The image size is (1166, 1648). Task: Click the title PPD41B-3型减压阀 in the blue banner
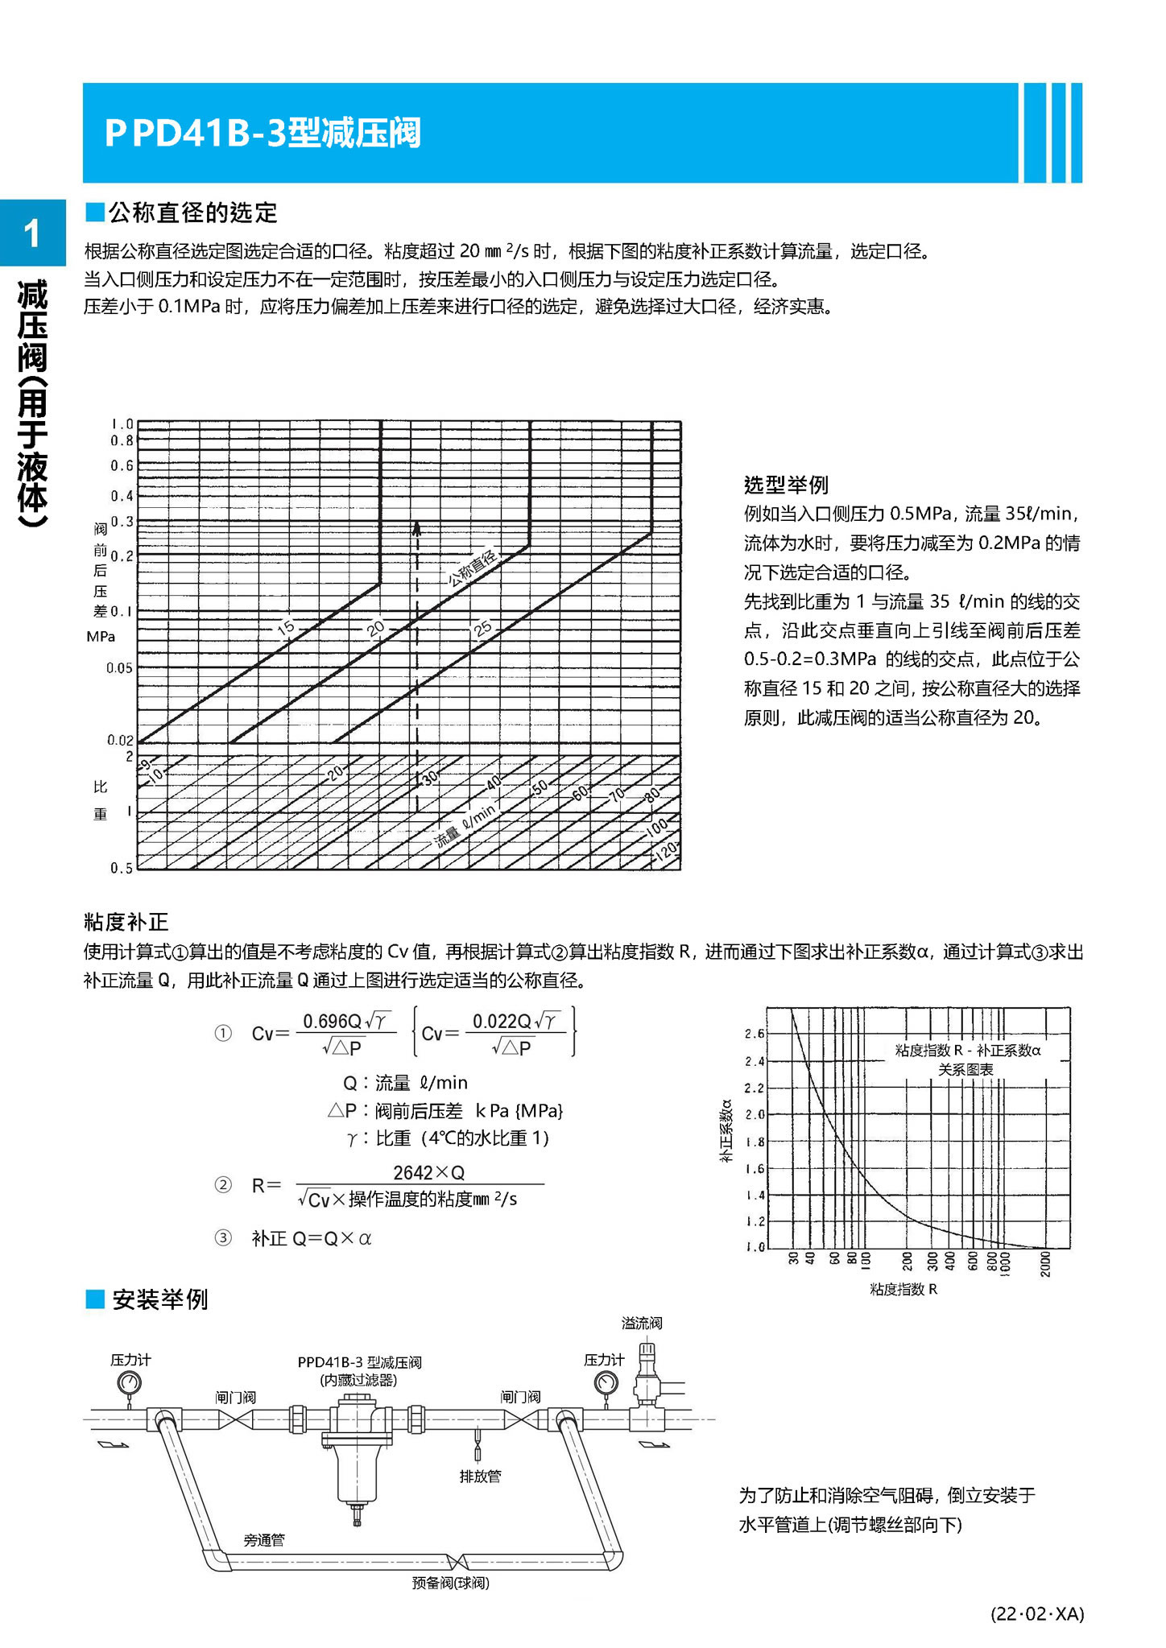coord(263,133)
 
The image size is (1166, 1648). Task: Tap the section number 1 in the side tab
coord(31,234)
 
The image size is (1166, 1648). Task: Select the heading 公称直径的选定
coord(192,213)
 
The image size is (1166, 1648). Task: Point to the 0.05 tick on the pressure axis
coord(120,667)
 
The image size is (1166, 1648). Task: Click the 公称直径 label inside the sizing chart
coord(473,568)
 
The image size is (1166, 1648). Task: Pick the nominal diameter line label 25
coord(482,629)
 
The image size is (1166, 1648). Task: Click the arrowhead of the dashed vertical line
coord(417,528)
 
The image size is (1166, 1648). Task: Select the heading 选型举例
coord(785,485)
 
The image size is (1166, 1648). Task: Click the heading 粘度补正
coord(126,922)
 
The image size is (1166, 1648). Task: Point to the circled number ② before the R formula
coord(223,1184)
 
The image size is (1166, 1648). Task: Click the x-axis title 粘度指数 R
coord(903,1289)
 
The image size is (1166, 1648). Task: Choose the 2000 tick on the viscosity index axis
coord(1045,1263)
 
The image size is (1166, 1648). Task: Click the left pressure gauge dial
coord(129,1383)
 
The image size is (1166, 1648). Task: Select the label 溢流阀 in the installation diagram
coord(642,1323)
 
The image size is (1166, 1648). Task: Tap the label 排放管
coord(480,1476)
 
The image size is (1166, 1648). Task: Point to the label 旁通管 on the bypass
coord(264,1539)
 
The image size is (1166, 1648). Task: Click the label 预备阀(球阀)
coord(450,1583)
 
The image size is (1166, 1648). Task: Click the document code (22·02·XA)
coord(1037,1613)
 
